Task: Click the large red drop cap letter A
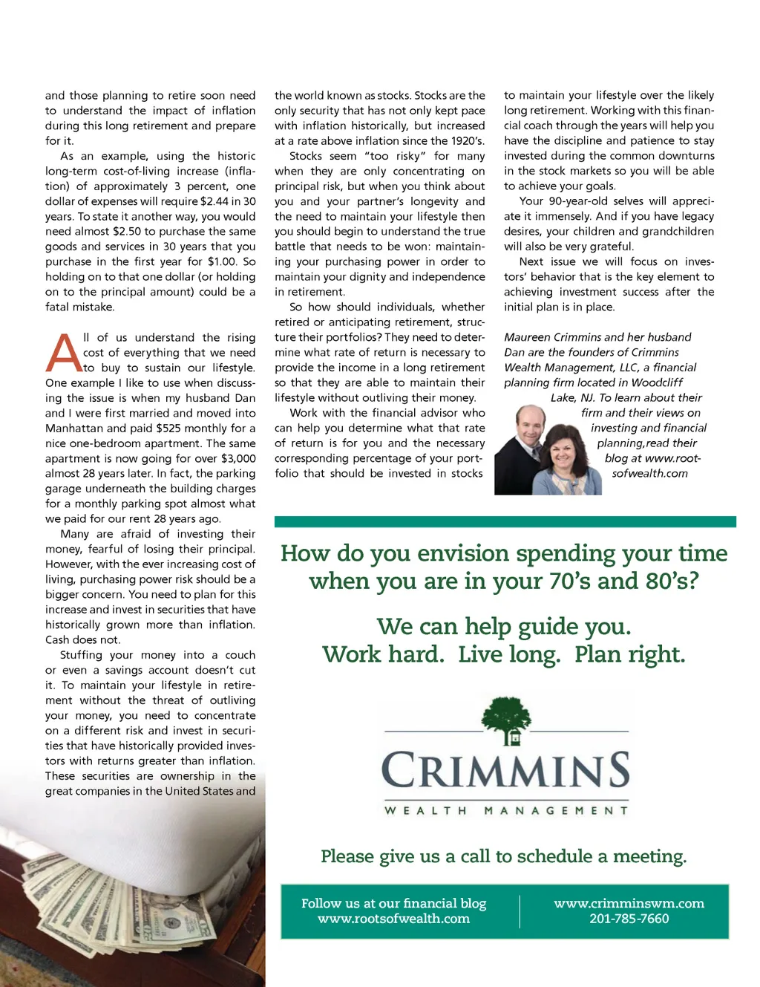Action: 64,353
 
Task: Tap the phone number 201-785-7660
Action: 629,919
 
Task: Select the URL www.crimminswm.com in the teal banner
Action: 629,903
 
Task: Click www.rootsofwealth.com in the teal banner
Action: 393,919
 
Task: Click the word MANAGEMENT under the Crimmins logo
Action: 556,810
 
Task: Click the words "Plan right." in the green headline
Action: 629,654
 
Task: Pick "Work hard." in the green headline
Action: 383,654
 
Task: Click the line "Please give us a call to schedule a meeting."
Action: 503,856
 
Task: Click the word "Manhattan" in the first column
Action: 76,429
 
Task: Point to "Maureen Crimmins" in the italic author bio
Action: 548,337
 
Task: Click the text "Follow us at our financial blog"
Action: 393,903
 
